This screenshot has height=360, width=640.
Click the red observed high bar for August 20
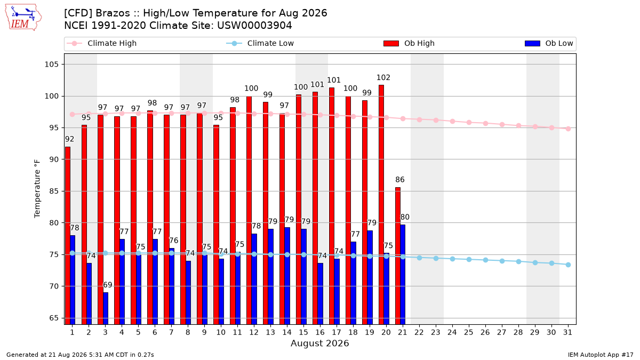click(x=381, y=205)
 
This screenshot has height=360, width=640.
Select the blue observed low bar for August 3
click(x=106, y=308)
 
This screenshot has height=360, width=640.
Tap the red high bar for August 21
click(x=398, y=256)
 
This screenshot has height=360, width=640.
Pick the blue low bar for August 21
click(x=403, y=275)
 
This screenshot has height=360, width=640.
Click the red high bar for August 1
click(x=68, y=236)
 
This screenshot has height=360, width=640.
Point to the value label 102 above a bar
click(x=383, y=77)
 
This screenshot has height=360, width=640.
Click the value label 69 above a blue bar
click(x=107, y=285)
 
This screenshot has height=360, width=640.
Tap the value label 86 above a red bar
click(x=399, y=179)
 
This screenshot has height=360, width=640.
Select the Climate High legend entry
click(x=101, y=43)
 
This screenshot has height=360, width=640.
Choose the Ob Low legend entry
click(x=549, y=43)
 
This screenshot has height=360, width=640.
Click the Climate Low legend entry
click(x=260, y=43)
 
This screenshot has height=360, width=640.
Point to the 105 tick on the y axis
click(x=51, y=65)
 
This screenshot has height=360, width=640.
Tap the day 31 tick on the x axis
click(x=567, y=332)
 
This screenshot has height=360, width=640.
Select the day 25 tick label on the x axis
click(x=469, y=332)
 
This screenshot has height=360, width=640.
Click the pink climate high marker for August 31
click(x=568, y=129)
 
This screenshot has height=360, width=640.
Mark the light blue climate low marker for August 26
click(x=485, y=260)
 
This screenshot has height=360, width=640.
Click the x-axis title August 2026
click(x=319, y=343)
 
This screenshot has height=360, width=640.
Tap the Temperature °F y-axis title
click(x=37, y=189)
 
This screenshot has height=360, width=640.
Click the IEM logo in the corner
click(x=23, y=18)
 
